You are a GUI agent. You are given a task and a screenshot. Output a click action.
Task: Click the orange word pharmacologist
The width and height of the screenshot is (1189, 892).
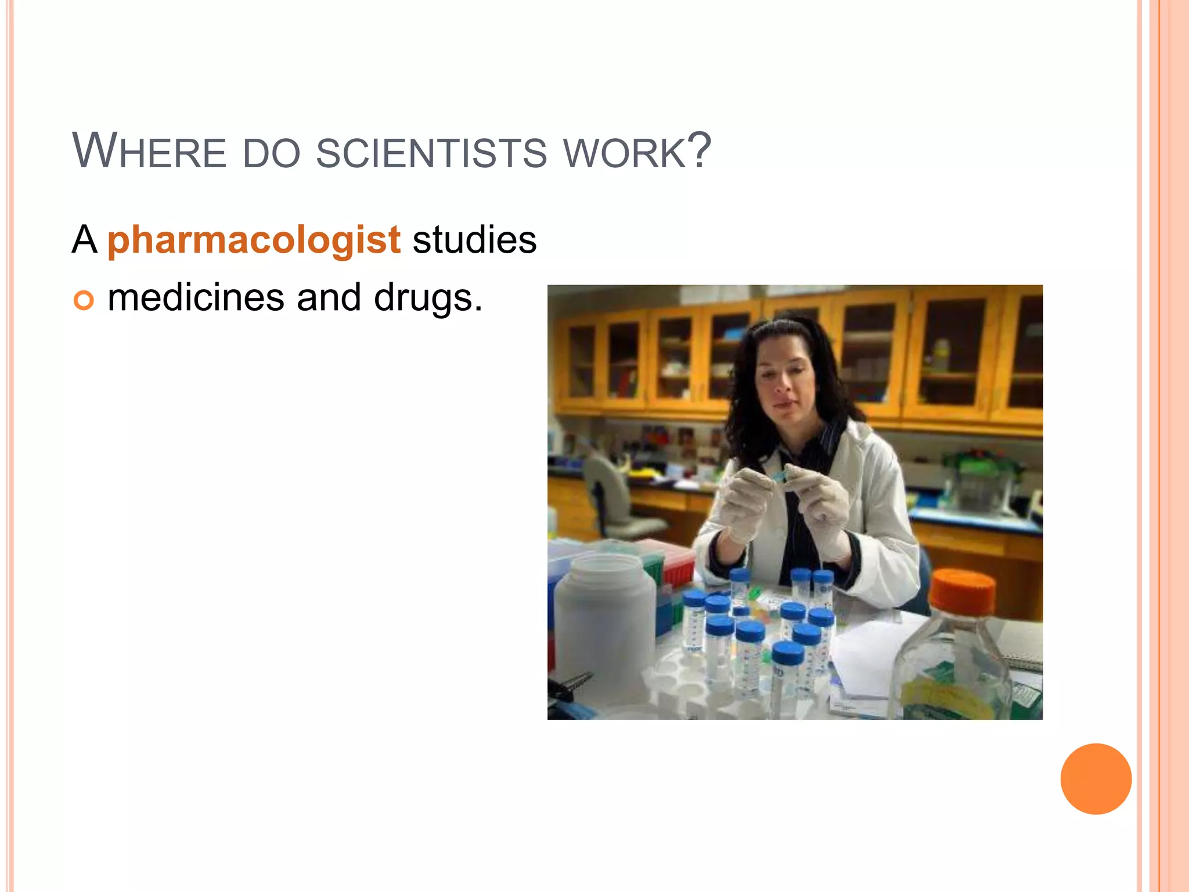pyautogui.click(x=254, y=240)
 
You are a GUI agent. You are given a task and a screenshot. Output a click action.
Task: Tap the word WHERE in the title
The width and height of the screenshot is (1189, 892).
pyautogui.click(x=149, y=152)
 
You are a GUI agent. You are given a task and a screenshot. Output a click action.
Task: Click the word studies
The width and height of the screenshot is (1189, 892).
pyautogui.click(x=474, y=240)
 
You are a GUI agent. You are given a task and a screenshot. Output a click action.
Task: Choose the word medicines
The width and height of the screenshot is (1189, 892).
pyautogui.click(x=196, y=297)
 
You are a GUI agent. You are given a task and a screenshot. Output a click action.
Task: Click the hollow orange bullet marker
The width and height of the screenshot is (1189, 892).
pyautogui.click(x=84, y=300)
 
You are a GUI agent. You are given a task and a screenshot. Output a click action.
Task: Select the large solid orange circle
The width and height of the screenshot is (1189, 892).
pyautogui.click(x=1096, y=779)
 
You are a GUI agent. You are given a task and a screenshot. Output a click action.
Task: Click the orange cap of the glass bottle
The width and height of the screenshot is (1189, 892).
pyautogui.click(x=963, y=591)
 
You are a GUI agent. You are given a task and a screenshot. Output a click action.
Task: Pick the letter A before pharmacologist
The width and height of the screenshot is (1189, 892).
pyautogui.click(x=84, y=240)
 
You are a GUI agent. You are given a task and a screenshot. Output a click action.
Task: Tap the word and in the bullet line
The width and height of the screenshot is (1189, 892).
pyautogui.click(x=329, y=297)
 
